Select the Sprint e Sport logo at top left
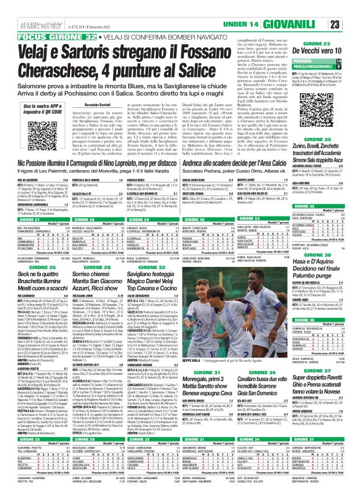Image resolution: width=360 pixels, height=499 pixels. [x=20, y=8]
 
